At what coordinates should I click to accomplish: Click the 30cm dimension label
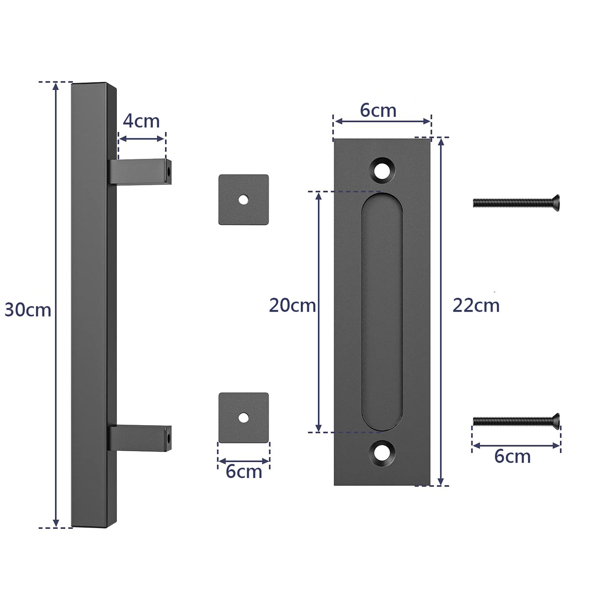pyautogui.click(x=28, y=310)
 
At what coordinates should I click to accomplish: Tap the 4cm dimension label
pyautogui.click(x=141, y=121)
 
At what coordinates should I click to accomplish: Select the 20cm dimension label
pyautogui.click(x=292, y=305)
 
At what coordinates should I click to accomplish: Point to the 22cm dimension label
pyautogui.click(x=476, y=305)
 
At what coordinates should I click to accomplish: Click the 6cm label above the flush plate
pyautogui.click(x=378, y=110)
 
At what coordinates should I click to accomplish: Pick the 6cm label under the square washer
pyautogui.click(x=244, y=471)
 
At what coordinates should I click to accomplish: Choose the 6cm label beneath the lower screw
pyautogui.click(x=512, y=456)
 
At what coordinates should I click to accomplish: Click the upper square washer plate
pyautogui.click(x=244, y=200)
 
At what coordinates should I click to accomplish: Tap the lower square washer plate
pyautogui.click(x=244, y=418)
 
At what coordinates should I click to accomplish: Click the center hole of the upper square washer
pyautogui.click(x=243, y=200)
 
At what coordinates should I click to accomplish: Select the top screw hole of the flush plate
pyautogui.click(x=382, y=169)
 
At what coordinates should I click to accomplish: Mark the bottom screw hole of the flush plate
pyautogui.click(x=382, y=452)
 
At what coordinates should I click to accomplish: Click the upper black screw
pyautogui.click(x=516, y=203)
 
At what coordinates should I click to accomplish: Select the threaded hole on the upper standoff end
pyautogui.click(x=168, y=171)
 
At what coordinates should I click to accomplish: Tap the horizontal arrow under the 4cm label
pyautogui.click(x=142, y=139)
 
